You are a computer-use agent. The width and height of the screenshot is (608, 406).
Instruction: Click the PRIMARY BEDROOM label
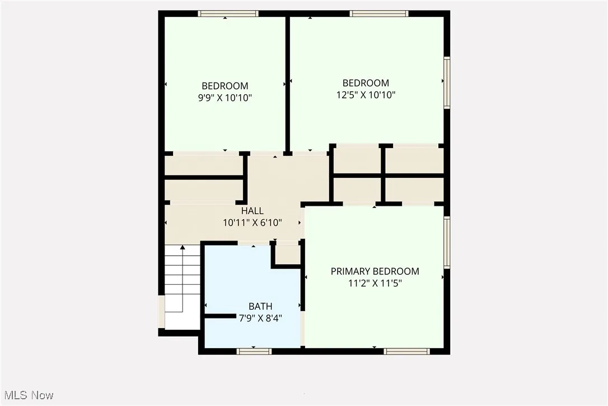(375, 271)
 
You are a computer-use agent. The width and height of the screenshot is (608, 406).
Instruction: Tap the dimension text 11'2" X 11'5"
(375, 284)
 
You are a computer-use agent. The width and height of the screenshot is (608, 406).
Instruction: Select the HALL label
(252, 211)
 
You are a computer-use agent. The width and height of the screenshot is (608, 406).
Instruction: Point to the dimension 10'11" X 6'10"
(252, 223)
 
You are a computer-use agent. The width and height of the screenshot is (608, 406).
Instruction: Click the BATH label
(260, 306)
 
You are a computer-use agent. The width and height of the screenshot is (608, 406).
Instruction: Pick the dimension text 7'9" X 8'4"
(260, 318)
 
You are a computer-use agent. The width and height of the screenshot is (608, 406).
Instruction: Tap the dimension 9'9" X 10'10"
(225, 98)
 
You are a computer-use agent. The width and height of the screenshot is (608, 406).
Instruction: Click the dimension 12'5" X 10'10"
(366, 95)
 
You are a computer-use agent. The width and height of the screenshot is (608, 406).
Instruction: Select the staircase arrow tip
(183, 247)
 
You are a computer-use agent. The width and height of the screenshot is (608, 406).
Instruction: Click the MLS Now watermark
(27, 395)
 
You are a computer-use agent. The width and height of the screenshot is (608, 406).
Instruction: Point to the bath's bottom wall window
(254, 352)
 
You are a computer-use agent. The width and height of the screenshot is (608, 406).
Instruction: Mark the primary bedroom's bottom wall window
(407, 352)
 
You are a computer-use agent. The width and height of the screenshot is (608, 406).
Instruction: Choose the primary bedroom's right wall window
(447, 242)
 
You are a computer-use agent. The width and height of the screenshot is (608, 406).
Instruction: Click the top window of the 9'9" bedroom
(228, 13)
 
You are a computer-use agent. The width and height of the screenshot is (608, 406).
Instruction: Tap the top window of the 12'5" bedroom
(379, 13)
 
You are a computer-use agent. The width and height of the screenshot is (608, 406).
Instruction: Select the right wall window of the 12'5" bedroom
(447, 82)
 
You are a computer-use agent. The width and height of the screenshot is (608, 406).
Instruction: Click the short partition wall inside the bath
(219, 316)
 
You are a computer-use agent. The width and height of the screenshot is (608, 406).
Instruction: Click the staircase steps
(183, 280)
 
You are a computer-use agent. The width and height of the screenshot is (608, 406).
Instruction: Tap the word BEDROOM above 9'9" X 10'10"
(225, 86)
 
